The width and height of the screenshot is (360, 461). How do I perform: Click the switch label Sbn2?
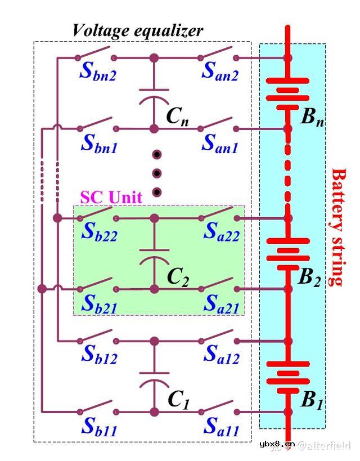98,72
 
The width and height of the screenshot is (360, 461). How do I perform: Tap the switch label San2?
220,72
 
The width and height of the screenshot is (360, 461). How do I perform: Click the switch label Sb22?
99,232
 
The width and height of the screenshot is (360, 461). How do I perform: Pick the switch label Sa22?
220,232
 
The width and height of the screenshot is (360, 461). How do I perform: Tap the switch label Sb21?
99,304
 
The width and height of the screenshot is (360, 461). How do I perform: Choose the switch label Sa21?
220,304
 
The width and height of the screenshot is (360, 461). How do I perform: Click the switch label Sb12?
99,355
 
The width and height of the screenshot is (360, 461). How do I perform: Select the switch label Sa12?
220,355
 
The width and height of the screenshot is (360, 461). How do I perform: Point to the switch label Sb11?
99,427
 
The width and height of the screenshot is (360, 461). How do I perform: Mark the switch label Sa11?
220,427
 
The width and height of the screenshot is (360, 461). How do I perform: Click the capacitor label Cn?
177,117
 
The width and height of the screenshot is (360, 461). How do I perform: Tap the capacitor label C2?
178,276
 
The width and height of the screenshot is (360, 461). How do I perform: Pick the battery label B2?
309,277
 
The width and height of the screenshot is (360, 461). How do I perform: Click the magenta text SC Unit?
111,197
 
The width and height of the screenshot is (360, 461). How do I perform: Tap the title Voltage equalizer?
137,30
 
